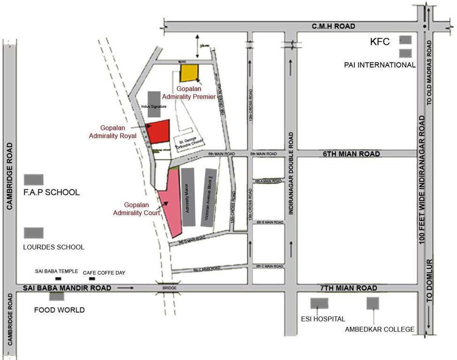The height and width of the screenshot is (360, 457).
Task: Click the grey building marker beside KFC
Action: (405, 40)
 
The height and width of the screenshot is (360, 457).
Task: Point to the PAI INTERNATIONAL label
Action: (380, 65)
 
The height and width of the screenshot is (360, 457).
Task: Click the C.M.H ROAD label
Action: (334, 26)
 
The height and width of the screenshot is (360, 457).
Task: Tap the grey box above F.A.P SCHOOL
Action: (34, 179)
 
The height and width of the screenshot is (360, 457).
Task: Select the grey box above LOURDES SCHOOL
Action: (34, 233)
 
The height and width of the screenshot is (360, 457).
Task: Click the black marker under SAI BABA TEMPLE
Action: (58, 279)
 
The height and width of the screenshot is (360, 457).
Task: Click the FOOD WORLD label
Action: (60, 310)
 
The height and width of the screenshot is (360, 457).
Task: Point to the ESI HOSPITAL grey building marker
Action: (319, 303)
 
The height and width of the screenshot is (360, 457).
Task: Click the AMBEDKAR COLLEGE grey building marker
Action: (373, 303)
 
